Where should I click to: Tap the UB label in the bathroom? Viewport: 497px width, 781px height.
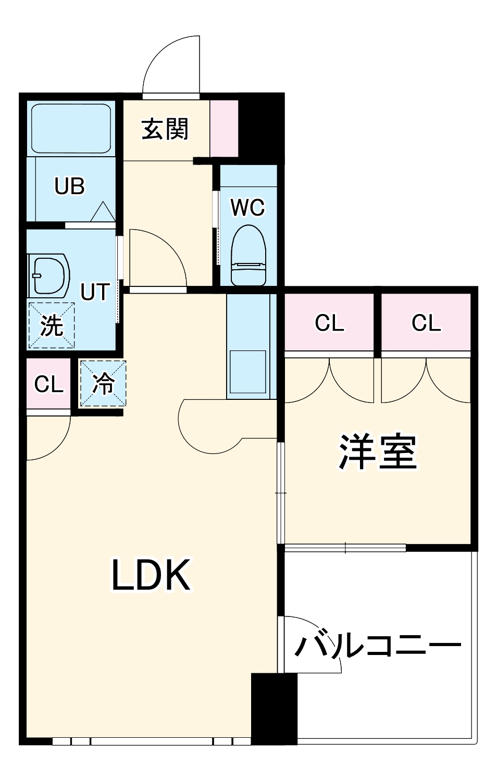click(69, 186)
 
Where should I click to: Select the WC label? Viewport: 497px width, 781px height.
click(247, 207)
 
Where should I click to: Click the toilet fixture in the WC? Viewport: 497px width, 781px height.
click(249, 255)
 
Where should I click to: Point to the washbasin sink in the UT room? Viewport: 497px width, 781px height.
click(50, 275)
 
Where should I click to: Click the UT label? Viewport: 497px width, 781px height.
click(95, 292)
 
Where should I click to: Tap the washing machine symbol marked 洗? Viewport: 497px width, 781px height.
click(52, 325)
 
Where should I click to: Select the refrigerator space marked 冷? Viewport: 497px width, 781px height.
click(103, 384)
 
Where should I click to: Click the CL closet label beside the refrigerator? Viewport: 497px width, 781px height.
click(48, 384)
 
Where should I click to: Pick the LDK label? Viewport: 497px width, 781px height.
click(151, 575)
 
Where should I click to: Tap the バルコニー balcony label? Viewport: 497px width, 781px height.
click(378, 646)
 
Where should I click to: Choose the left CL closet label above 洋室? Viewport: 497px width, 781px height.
click(329, 323)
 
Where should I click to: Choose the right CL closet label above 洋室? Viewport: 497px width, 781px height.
click(426, 323)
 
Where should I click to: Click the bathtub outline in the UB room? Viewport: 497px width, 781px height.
click(71, 128)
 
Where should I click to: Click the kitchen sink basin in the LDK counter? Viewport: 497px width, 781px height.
click(248, 371)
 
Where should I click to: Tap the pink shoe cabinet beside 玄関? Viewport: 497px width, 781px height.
click(224, 128)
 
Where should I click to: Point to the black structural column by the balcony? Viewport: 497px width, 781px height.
click(274, 708)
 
